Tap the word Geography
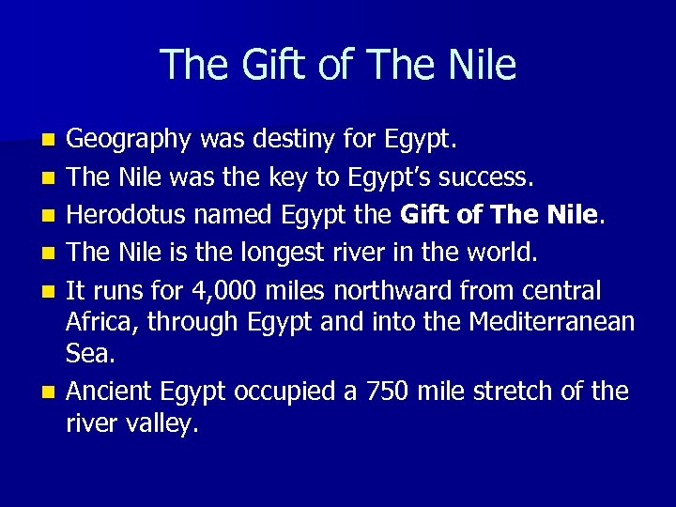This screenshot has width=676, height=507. pyautogui.click(x=129, y=142)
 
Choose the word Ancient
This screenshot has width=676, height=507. pyautogui.click(x=110, y=391)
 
